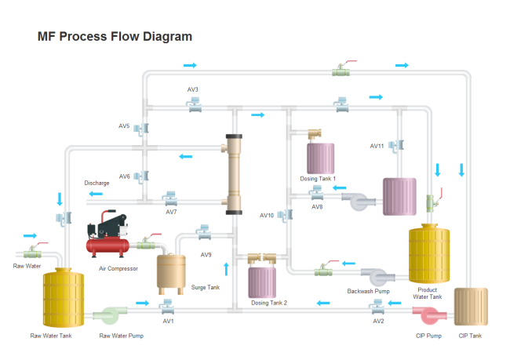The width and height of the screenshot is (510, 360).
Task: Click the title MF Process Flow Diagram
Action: pyautogui.click(x=115, y=37)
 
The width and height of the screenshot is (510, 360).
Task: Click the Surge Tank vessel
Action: pyautogui.click(x=172, y=271)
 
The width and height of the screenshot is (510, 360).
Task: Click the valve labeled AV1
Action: pyautogui.click(x=166, y=306)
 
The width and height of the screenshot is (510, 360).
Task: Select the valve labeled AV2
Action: pyautogui.click(x=379, y=307)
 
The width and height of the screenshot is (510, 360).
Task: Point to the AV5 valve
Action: pyautogui.click(x=144, y=126)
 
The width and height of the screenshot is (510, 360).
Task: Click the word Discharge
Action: pyautogui.click(x=97, y=183)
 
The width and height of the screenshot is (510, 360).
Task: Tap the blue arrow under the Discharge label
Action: pyautogui.click(x=96, y=194)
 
